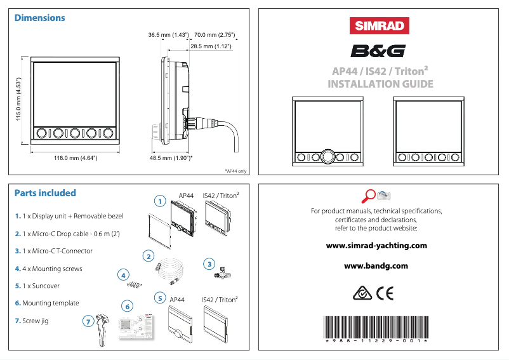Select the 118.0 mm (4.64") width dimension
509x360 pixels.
coord(74,158)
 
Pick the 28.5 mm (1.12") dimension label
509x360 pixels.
coord(210,46)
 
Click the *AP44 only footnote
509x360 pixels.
coord(235,171)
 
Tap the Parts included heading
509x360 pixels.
coord(45,193)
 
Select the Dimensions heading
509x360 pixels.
coord(40,18)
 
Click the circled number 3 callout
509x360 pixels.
coord(208,263)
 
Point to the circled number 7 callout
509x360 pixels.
coord(87,322)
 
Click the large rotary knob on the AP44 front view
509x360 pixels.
coord(328,156)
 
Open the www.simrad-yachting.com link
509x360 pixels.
coord(376,245)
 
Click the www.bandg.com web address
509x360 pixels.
coord(376,266)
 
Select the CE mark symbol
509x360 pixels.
coord(385,293)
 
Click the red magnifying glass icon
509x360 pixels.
coord(368,195)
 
